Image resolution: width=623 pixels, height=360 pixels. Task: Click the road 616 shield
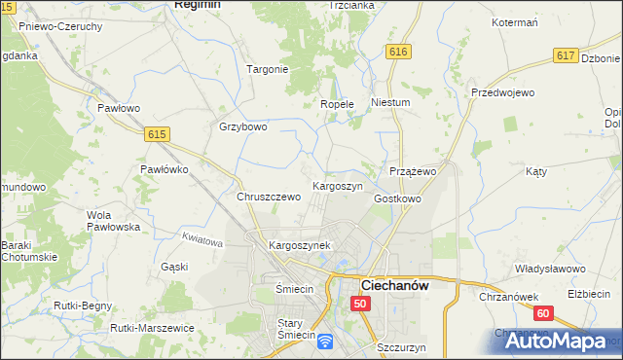(x=396, y=51)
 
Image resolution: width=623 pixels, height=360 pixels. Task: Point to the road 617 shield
(x=566, y=56)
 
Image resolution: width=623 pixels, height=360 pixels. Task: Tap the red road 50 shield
(x=360, y=305)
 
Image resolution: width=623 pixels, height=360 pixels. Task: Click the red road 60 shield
(x=543, y=313)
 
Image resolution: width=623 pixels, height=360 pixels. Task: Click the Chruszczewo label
(x=269, y=197)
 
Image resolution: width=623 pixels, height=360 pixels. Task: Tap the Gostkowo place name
(x=397, y=198)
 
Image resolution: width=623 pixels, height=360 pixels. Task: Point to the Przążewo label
(x=412, y=171)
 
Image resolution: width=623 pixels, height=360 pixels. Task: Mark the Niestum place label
(x=390, y=101)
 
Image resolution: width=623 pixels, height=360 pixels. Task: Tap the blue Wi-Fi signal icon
(x=325, y=341)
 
